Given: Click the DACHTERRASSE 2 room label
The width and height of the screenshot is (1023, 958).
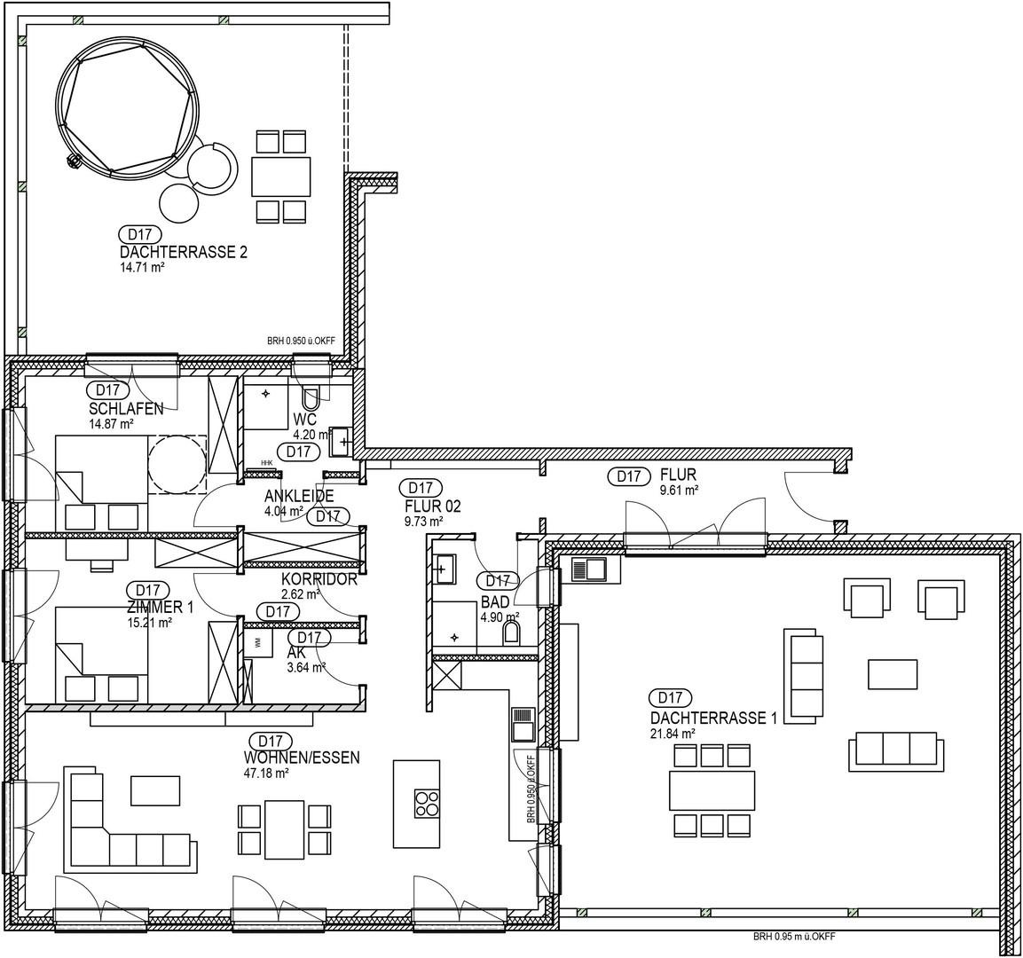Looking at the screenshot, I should (x=183, y=253).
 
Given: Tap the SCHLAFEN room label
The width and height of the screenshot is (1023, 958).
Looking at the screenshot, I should (x=125, y=409).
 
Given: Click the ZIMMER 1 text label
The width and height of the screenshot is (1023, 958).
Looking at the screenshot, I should (x=159, y=607).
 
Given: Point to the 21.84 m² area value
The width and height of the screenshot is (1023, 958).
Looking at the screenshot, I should (x=673, y=734).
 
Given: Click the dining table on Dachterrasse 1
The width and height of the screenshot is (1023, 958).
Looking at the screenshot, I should (x=712, y=788).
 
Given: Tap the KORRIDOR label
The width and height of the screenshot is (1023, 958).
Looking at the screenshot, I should (x=319, y=580).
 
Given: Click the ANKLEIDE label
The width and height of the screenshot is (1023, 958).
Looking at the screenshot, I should (x=299, y=497).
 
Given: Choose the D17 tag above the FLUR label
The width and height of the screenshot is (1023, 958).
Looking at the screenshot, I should (x=628, y=476).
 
